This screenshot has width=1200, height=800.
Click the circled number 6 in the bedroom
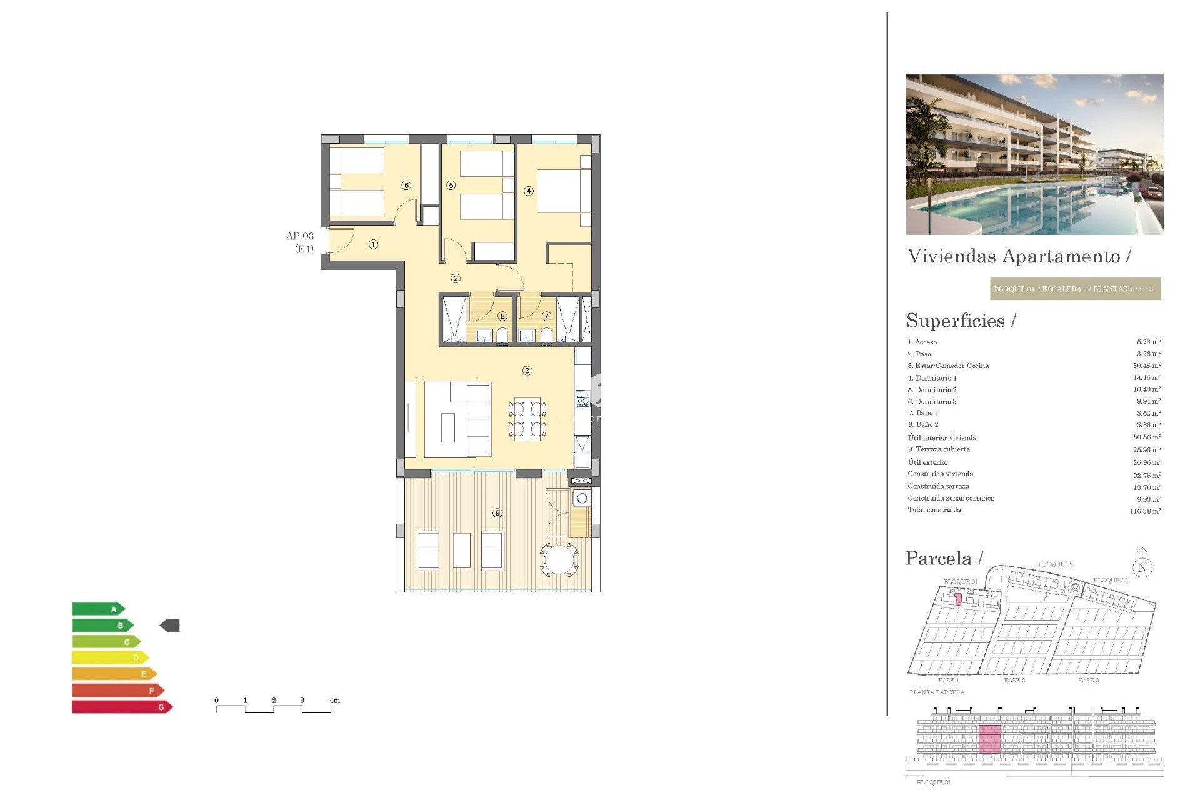coord(407,185)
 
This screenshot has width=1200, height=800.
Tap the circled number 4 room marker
coord(529,191)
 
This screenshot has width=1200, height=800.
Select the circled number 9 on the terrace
coord(497,512)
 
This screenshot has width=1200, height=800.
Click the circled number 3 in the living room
coord(527,371)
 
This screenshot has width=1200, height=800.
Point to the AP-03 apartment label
coord(300,236)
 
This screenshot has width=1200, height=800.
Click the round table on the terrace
coord(560,559)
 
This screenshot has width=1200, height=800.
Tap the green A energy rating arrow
coord(99,609)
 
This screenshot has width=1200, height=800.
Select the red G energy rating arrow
coord(122,707)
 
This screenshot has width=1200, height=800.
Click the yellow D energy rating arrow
coord(110,657)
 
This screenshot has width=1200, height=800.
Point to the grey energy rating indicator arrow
coord(170,625)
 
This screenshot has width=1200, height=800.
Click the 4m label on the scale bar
coord(335,701)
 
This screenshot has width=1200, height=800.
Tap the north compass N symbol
coord(1142,567)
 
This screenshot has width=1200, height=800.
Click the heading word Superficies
coord(956,321)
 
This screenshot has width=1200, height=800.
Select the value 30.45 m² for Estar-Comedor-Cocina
coord(1147,366)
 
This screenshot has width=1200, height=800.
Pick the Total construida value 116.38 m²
coord(1145,511)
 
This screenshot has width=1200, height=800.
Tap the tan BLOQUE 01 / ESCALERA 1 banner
coord(1075,289)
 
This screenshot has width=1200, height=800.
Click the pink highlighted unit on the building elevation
coord(989,739)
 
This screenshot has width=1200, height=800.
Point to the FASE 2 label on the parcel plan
coord(1014,680)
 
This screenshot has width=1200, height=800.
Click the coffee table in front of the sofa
coord(448,427)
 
